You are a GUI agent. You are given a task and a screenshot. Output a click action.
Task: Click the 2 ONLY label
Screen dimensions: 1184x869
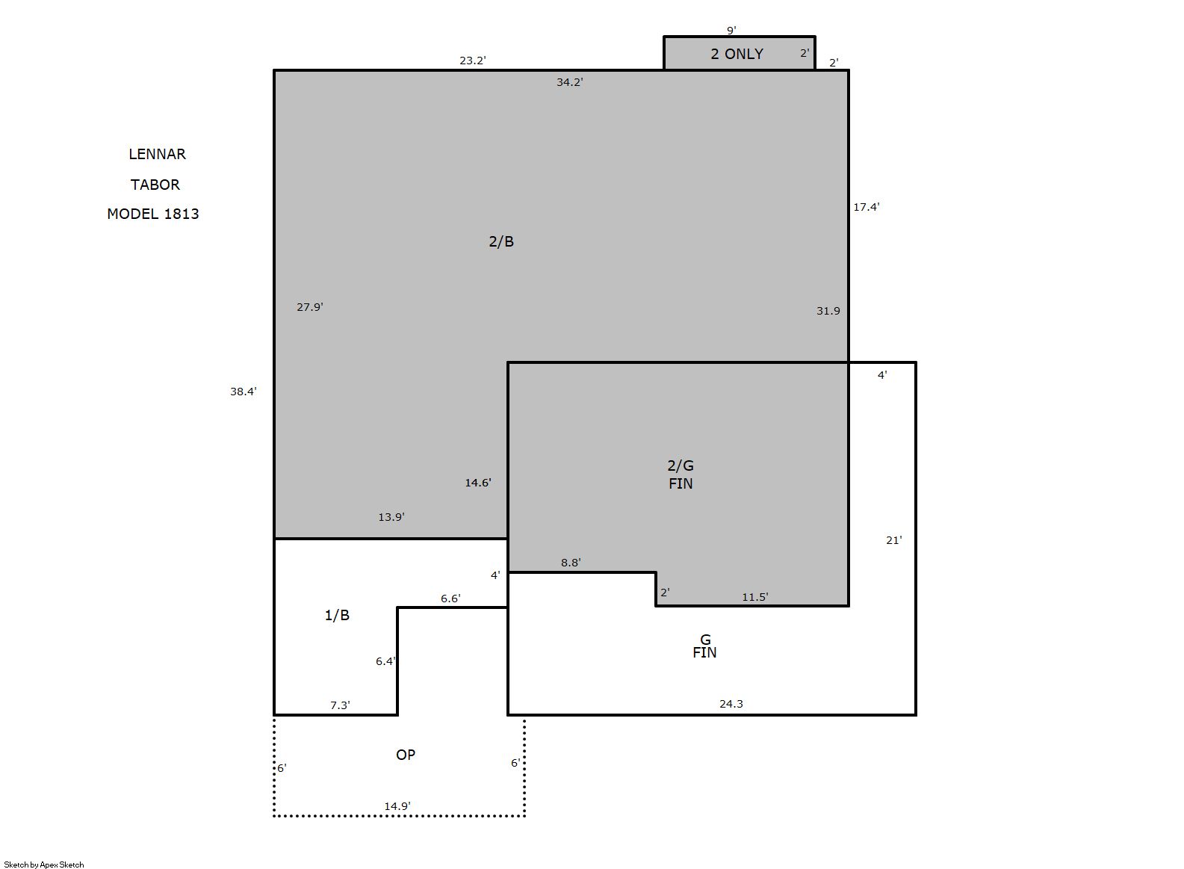point(737,54)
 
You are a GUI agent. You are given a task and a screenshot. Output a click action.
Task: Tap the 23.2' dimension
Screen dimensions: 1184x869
point(472,61)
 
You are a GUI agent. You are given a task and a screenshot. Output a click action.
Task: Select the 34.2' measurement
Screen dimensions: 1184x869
point(569,82)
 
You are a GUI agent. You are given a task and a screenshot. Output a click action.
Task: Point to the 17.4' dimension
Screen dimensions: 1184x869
point(866,207)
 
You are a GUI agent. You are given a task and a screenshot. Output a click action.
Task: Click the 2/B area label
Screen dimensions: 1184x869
point(501,241)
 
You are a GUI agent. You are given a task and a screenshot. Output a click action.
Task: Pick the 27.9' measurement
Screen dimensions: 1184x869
point(309,307)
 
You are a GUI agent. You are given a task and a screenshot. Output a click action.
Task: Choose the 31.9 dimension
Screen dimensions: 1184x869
point(828,311)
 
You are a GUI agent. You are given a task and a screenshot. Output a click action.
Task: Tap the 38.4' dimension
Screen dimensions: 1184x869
point(243,392)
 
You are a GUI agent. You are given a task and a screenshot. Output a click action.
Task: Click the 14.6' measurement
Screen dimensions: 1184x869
point(478,483)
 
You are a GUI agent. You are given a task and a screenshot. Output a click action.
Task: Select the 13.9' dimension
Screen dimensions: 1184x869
point(391,517)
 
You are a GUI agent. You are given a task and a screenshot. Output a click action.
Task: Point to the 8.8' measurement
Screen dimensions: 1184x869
point(571,563)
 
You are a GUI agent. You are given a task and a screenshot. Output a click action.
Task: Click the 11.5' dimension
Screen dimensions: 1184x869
point(754,597)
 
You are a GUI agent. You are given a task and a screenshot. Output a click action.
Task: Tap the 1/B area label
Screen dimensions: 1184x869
point(337,615)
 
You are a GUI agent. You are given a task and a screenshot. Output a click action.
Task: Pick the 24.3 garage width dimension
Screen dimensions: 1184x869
point(731,704)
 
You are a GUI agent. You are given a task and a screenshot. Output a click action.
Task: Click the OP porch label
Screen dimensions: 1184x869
point(406,755)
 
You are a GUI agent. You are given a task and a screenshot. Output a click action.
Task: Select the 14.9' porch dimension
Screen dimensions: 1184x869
point(397,806)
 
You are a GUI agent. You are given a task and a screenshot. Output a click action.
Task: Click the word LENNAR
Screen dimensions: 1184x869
point(157,155)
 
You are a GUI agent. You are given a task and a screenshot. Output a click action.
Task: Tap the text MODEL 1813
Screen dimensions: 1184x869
point(152,214)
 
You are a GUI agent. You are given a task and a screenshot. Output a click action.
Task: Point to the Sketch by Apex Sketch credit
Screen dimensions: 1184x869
point(44,865)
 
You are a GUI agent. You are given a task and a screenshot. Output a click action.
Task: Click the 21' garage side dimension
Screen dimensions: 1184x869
point(894,540)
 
